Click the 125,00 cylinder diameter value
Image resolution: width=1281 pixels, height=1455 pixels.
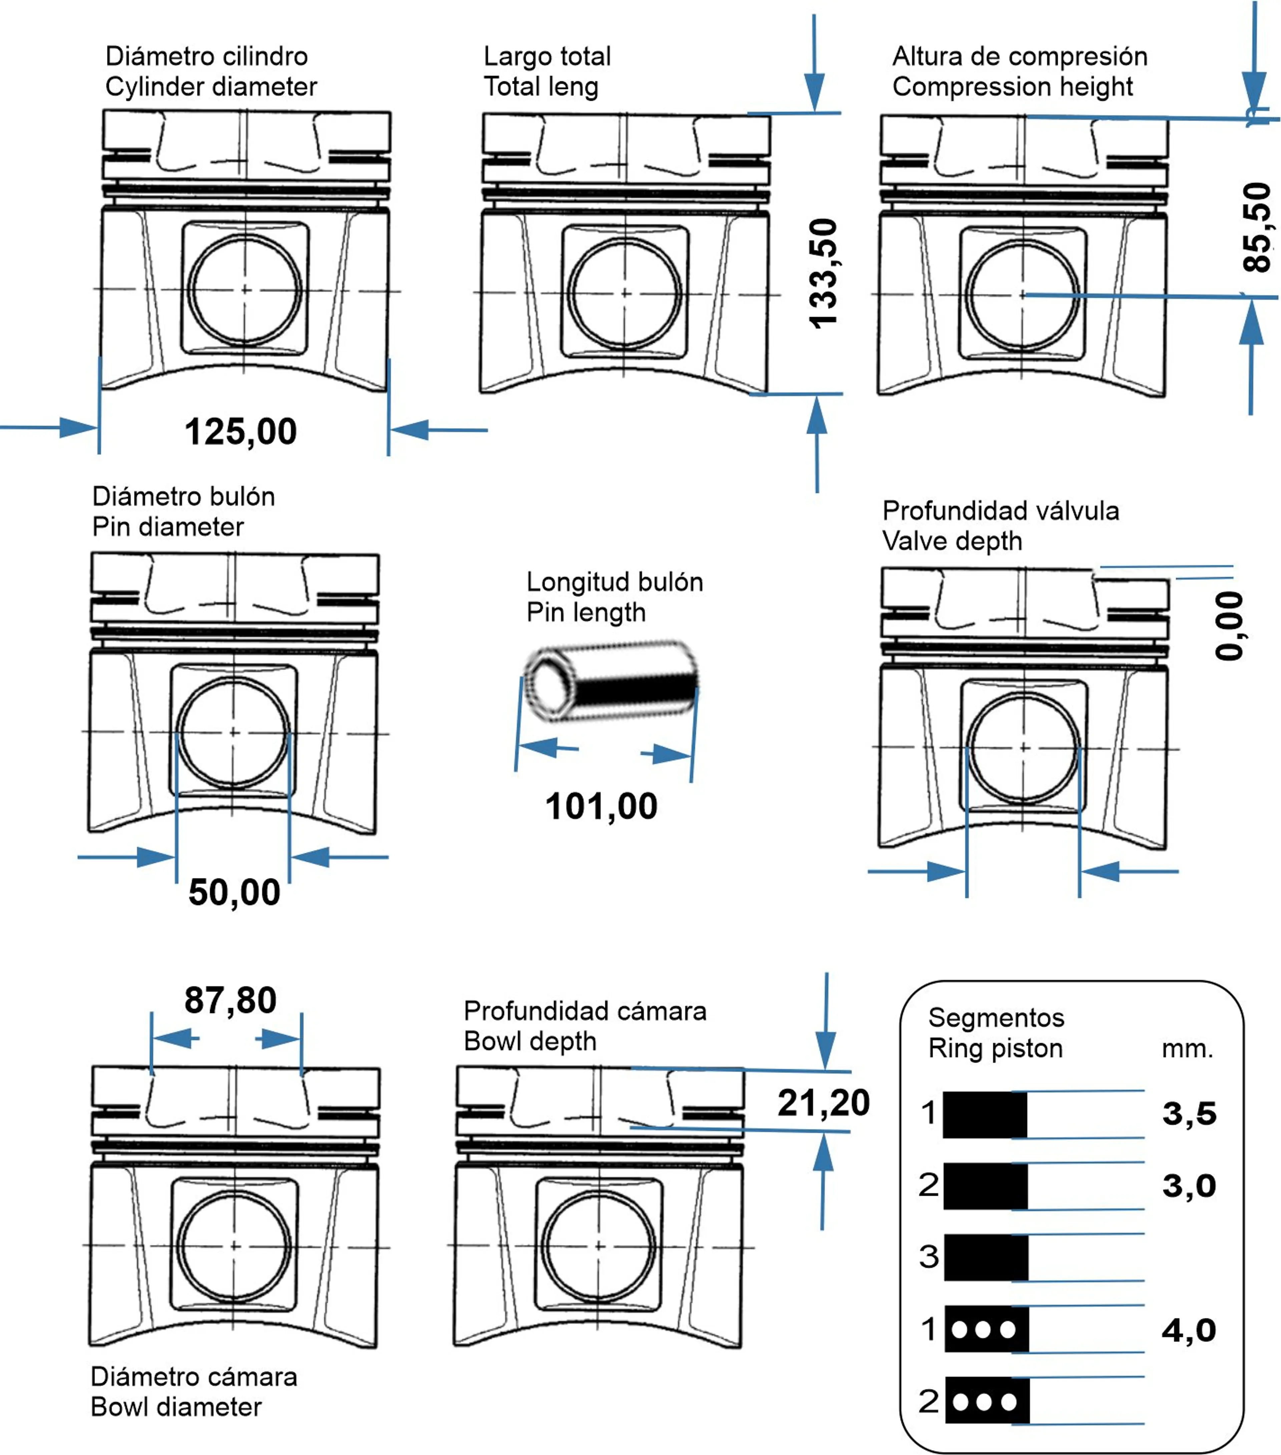click(241, 431)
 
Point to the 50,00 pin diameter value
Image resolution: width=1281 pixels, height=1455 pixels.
click(234, 892)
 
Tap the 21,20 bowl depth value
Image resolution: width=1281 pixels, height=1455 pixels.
click(823, 1103)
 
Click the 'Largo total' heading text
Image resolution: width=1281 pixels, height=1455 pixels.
click(547, 56)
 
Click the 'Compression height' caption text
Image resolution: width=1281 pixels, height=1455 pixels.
click(1012, 87)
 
